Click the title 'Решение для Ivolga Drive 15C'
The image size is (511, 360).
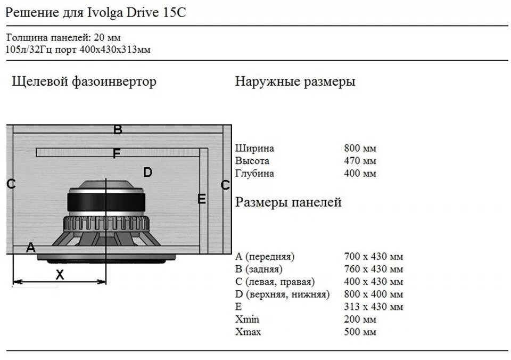point(96,13)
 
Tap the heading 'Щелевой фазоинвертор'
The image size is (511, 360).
point(84,81)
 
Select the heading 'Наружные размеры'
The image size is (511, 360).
point(295,81)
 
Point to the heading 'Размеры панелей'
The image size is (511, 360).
point(288,202)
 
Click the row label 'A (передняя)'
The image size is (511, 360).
point(265,256)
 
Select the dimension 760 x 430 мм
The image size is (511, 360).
point(374,269)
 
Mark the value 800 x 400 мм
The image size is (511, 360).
point(374,294)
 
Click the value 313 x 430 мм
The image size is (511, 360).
point(374,307)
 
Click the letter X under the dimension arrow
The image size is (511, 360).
point(60,275)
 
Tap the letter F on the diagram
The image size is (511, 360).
point(117,153)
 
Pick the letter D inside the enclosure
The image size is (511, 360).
point(147,172)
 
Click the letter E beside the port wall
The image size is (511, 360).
point(201,199)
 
